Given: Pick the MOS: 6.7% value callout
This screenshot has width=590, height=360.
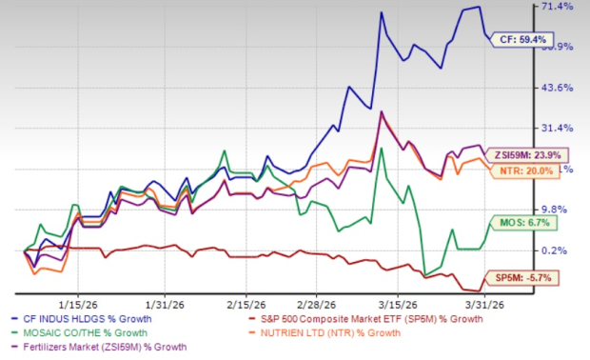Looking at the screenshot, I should point(523,224).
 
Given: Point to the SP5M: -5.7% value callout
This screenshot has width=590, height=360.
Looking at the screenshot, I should point(525,278).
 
